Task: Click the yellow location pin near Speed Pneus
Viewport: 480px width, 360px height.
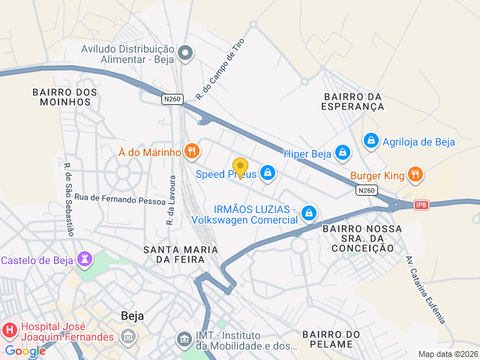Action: (240, 167)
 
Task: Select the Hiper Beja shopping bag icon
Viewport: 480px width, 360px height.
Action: (343, 153)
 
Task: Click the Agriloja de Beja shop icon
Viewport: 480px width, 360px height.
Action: (370, 141)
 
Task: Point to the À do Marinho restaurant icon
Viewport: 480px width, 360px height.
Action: (192, 151)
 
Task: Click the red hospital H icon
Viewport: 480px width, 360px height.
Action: (10, 331)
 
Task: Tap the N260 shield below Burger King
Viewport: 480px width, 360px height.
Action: (367, 191)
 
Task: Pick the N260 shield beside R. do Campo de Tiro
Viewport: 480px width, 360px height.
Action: (172, 98)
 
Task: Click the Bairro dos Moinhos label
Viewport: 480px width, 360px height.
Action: (64, 97)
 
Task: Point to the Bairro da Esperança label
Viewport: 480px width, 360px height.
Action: (353, 102)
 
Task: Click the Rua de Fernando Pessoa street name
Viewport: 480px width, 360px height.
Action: (109, 199)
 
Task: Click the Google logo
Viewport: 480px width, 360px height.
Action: (25, 350)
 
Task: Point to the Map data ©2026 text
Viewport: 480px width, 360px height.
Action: (447, 354)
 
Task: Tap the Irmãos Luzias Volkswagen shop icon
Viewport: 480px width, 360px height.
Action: (308, 214)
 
